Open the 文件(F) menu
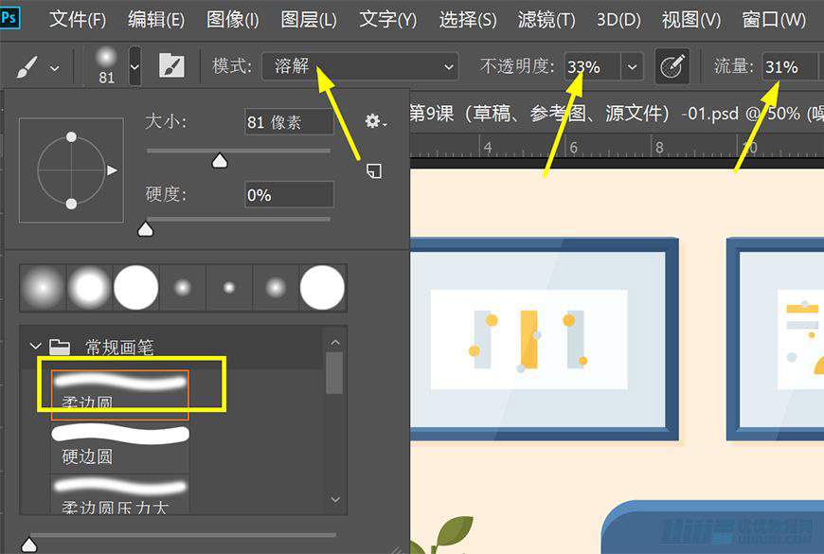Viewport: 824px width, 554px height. [x=78, y=19]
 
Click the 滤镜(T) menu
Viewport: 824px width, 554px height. [x=546, y=19]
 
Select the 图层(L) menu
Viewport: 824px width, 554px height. [x=309, y=19]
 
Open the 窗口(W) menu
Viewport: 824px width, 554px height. [x=774, y=19]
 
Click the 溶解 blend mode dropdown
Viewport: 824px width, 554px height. [x=360, y=66]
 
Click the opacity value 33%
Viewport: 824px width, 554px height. [x=584, y=67]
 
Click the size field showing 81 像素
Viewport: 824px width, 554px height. [x=288, y=122]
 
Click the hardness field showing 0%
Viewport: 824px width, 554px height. [x=288, y=195]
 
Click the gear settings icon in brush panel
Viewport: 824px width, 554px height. [x=375, y=121]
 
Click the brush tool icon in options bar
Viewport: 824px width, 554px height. [x=27, y=66]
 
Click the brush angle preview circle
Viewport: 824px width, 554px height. [x=71, y=170]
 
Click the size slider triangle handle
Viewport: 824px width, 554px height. [x=220, y=161]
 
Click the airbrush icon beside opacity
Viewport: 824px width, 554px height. [x=672, y=66]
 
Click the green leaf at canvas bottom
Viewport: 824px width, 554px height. [x=453, y=531]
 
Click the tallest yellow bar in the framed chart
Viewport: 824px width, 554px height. [x=528, y=339]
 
